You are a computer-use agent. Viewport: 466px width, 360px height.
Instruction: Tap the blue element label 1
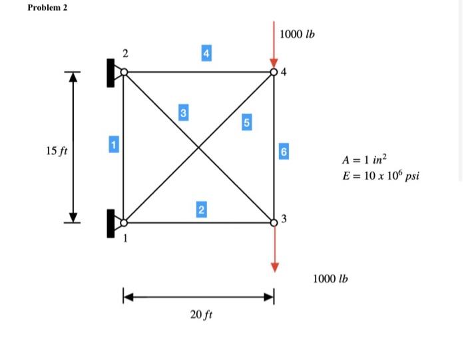pos(113,144)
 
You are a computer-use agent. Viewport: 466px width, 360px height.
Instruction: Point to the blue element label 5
pos(247,122)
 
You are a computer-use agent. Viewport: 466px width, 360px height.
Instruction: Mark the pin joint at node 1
pos(123,222)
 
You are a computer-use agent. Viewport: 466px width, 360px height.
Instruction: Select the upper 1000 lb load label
pos(298,33)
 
